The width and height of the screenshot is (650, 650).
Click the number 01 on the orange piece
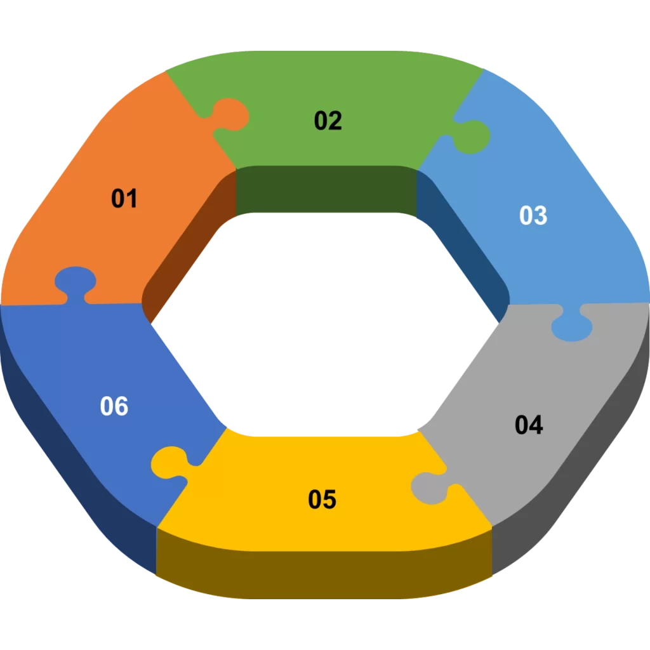pyautogui.click(x=124, y=199)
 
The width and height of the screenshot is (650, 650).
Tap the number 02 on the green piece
pyautogui.click(x=328, y=121)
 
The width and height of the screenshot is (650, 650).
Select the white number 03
pyautogui.click(x=533, y=216)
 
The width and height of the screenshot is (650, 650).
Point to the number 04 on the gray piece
pyautogui.click(x=529, y=425)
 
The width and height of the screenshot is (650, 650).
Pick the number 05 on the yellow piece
pyautogui.click(x=322, y=500)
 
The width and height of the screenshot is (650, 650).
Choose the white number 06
pyautogui.click(x=114, y=406)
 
